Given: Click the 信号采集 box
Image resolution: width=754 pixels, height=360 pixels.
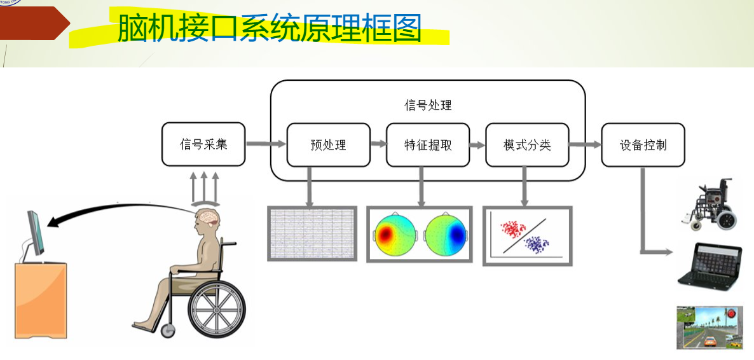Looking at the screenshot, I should tap(203, 144).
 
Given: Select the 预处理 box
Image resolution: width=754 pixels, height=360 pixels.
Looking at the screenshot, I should tap(328, 144).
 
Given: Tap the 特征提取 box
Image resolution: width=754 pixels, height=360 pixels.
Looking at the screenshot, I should tap(428, 144).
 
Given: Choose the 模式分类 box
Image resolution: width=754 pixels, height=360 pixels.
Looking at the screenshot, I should tap(527, 144).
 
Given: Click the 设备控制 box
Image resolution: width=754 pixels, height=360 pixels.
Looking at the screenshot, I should tap(643, 144).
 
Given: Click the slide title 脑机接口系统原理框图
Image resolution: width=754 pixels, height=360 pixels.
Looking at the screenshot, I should tap(269, 29).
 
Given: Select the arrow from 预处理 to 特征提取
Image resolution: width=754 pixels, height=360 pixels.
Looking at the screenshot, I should tap(378, 144).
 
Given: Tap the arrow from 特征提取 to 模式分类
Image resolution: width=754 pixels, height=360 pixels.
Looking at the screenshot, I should tap(477, 144).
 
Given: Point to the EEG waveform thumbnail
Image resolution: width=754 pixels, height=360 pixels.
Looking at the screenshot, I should tap(310, 233).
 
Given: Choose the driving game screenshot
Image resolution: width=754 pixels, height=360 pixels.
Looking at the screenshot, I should tap(709, 327).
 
